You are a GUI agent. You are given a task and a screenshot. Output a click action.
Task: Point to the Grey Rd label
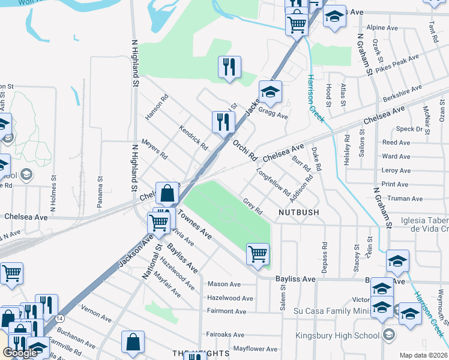(253, 206)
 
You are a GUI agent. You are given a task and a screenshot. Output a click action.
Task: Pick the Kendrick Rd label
(193, 137)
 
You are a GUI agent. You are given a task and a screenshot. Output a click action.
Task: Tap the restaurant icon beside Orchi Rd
(223, 122)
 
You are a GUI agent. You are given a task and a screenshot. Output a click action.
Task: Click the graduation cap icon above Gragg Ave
(270, 92)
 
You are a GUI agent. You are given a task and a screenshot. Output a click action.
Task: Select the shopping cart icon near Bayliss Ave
(258, 253)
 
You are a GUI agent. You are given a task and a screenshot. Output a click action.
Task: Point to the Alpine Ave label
(382, 28)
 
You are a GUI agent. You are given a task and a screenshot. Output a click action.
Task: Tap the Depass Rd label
(324, 258)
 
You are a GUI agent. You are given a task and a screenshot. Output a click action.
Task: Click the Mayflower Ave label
(256, 349)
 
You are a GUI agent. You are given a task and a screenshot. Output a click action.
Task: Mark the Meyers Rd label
(154, 149)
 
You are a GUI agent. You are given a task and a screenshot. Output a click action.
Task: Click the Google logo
(20, 353)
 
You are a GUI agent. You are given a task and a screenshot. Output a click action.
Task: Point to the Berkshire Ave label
(402, 94)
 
